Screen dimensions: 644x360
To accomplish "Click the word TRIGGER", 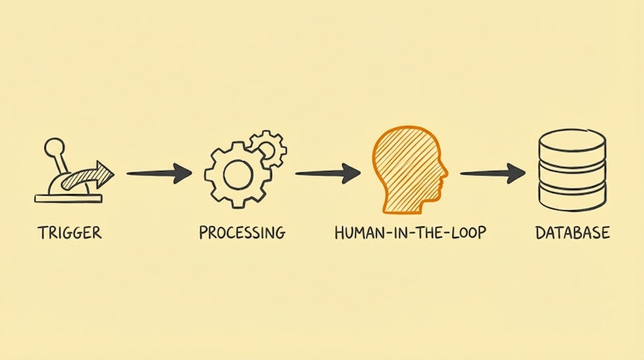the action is (x=69, y=233).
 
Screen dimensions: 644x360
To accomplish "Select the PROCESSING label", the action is (x=242, y=233).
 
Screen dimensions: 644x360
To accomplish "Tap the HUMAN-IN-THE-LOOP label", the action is (x=411, y=233).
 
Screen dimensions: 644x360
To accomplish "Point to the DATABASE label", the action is (x=572, y=233).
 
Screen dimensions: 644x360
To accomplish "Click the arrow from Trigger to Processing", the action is (x=159, y=173).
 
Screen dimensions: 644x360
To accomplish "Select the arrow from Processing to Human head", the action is (x=328, y=173).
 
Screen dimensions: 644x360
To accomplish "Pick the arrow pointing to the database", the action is (x=493, y=173).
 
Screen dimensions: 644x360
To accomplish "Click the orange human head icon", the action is (x=410, y=171).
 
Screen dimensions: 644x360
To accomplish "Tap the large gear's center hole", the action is (x=237, y=175).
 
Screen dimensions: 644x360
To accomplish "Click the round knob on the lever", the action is (x=55, y=148).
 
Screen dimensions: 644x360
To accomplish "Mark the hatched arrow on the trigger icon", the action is (x=87, y=176).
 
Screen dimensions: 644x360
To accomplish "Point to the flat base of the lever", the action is (x=68, y=199).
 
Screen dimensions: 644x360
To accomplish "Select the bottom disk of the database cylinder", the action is (x=572, y=197).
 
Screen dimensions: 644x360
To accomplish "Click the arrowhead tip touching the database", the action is (x=526, y=173).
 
